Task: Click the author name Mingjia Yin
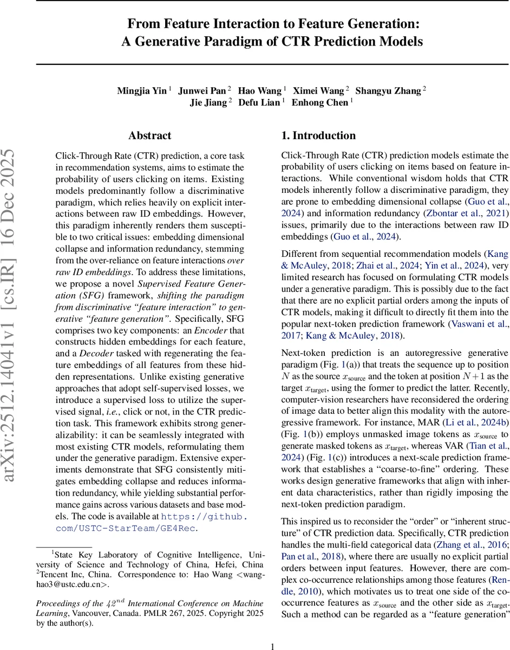point(141,91)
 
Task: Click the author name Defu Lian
point(259,103)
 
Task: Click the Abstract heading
point(150,136)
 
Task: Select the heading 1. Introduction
point(318,136)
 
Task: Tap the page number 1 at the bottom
point(273,642)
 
